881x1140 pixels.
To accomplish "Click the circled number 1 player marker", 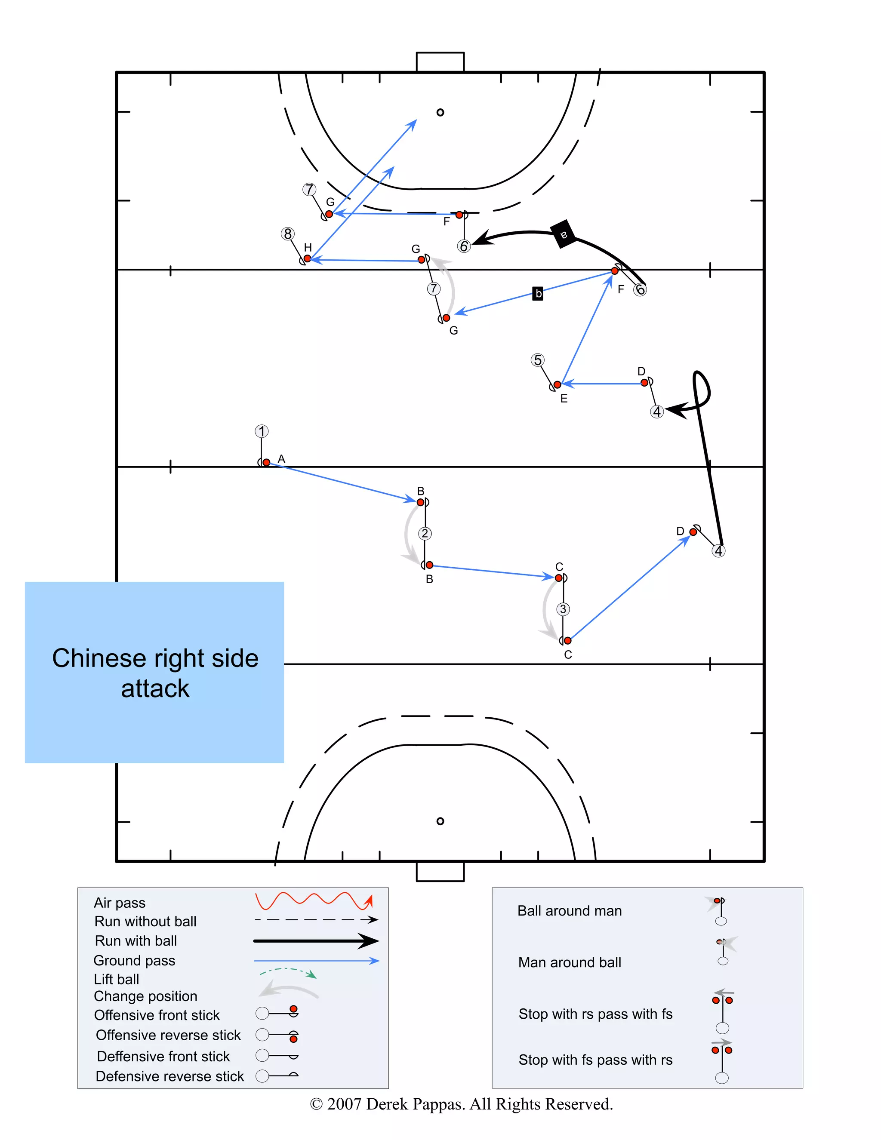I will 262,431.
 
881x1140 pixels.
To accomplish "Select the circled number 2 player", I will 425,534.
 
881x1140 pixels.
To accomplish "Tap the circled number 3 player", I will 562,609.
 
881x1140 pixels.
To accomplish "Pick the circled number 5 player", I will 537,360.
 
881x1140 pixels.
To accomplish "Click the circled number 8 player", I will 287,234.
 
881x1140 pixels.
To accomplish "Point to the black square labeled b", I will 538,293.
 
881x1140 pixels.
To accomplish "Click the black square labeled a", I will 563,234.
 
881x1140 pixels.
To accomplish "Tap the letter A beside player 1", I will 281,459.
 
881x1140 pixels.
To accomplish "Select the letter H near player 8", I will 308,247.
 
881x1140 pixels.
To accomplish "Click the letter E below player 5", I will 564,399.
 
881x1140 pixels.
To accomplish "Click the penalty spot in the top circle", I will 440,112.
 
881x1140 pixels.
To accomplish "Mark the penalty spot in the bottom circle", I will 440,821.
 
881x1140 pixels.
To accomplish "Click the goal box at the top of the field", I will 440,61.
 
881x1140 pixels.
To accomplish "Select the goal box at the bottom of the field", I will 440,872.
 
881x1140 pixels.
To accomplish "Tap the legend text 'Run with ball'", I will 136,940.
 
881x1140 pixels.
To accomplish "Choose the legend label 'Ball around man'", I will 569,911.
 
